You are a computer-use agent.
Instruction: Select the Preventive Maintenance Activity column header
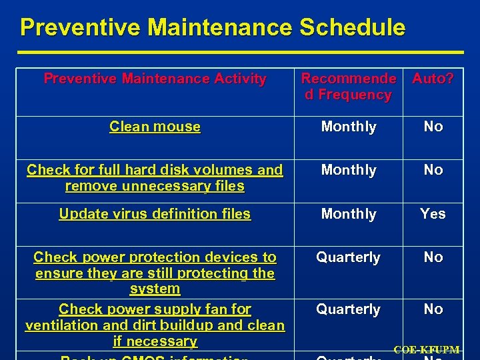tap(155, 79)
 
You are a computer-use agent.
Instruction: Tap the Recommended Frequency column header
tap(348, 87)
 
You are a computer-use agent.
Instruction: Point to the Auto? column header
tap(433, 79)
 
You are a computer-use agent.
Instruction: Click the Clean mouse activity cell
tap(155, 127)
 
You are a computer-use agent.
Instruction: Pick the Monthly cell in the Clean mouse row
tap(349, 127)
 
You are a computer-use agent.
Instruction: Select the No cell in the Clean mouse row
tap(433, 127)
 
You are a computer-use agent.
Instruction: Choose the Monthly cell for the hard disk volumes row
tap(349, 170)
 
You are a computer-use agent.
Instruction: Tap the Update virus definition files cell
tap(155, 214)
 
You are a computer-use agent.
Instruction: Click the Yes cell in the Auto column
tap(433, 214)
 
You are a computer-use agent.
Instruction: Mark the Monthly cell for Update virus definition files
tap(349, 214)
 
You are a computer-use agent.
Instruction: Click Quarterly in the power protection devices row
tap(348, 257)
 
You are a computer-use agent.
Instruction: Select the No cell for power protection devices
tap(433, 257)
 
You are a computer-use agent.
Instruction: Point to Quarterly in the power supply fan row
tap(348, 309)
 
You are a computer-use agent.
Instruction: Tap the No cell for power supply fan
tap(433, 309)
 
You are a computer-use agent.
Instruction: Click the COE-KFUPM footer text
tap(427, 350)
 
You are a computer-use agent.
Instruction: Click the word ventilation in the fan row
tap(59, 325)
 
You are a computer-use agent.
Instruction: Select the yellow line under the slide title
tap(240, 52)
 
